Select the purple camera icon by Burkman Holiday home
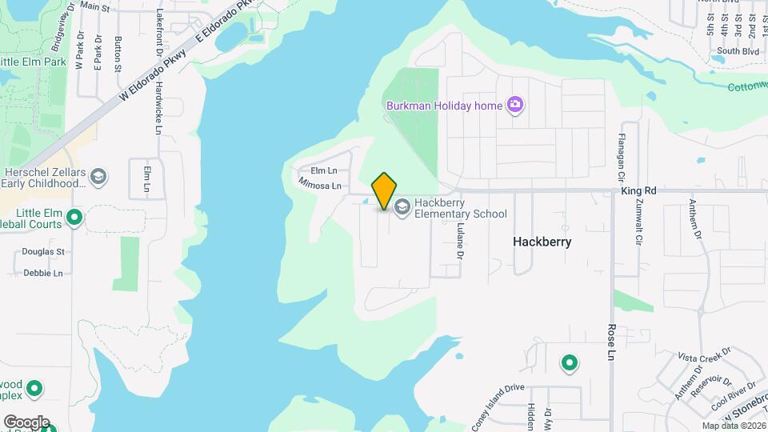515,105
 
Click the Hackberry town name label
542,241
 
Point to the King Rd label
638,191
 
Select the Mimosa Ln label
320,186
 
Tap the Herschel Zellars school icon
98,176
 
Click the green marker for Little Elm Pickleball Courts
74,217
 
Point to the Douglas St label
43,251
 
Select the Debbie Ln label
43,273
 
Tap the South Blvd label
733,50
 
